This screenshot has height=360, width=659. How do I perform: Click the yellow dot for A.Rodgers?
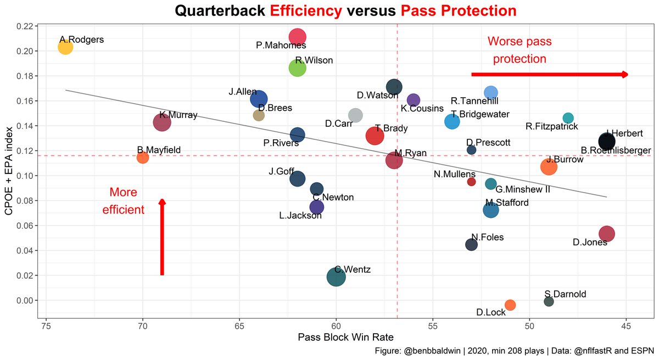65,47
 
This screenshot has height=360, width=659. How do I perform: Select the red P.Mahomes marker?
297,37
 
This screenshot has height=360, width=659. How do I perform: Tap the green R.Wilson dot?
297,68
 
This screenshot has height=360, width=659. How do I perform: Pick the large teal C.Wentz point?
336,277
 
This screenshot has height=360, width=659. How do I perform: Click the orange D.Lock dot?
510,305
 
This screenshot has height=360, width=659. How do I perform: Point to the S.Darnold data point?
549,301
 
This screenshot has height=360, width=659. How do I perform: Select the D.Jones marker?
606,234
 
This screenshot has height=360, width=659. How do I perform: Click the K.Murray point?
162,122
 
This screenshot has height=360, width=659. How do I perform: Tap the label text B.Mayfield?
159,149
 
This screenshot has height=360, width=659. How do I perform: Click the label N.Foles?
487,238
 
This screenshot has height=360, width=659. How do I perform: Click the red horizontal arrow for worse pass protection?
549,74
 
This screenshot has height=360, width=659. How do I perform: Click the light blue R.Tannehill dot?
491,92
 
